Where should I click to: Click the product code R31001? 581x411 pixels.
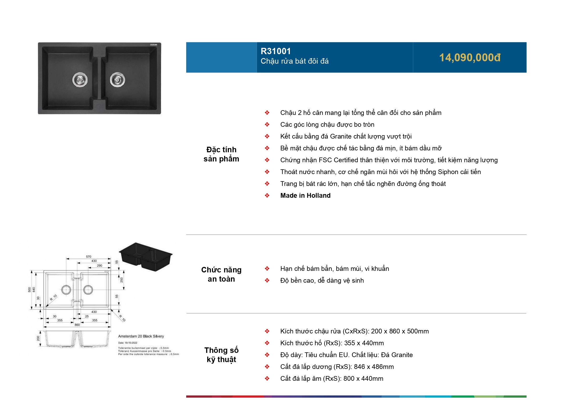[275, 51]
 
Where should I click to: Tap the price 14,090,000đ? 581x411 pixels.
[470, 58]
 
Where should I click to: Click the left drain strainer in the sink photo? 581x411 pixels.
[80, 80]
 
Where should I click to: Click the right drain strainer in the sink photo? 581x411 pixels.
[117, 80]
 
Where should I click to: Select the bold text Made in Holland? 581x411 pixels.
[305, 195]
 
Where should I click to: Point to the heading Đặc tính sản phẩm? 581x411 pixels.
[221, 154]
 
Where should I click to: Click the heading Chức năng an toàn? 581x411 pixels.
[221, 274]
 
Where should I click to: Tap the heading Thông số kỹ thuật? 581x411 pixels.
[221, 355]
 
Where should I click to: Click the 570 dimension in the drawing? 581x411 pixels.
[88, 256]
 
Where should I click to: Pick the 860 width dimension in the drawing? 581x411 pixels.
[77, 325]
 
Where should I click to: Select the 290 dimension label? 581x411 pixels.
[99, 265]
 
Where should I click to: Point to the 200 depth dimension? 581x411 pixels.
[38, 338]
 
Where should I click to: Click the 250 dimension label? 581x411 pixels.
[122, 280]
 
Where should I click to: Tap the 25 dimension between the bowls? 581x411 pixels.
[87, 316]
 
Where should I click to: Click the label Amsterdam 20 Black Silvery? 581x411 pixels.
[141, 336]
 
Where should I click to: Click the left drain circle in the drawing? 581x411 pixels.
[66, 290]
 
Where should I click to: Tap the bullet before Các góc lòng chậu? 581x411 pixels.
[267, 124]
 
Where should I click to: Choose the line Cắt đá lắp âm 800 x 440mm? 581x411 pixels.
[331, 378]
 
